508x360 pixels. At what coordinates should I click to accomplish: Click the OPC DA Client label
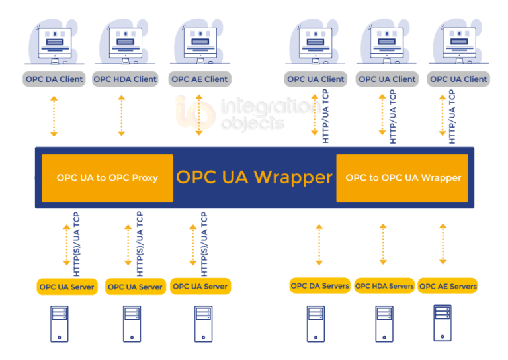click(x=54, y=79)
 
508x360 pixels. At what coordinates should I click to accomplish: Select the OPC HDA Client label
click(x=125, y=79)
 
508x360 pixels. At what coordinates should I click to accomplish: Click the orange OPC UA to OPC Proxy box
click(x=107, y=178)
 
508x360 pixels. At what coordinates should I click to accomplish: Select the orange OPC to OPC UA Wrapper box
click(x=402, y=178)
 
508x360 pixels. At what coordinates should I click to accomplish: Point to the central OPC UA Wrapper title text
click(x=254, y=177)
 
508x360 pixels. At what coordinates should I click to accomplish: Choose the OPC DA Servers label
click(x=320, y=286)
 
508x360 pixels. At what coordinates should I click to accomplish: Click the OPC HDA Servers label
click(x=384, y=286)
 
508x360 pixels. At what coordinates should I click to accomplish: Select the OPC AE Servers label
click(x=448, y=287)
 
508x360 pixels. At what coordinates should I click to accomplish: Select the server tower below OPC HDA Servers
click(x=384, y=323)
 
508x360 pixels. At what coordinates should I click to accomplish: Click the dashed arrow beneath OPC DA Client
click(x=54, y=116)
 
